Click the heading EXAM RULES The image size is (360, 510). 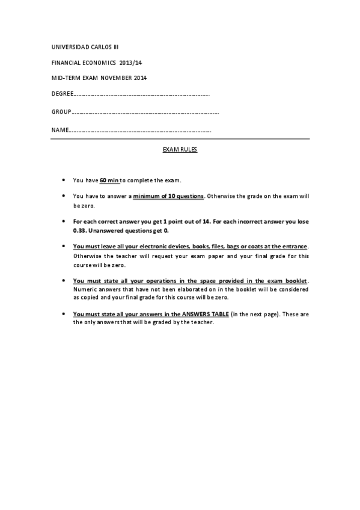click(x=180, y=150)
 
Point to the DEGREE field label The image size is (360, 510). click(x=61, y=94)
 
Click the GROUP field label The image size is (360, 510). click(x=61, y=112)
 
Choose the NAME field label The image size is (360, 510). click(x=59, y=130)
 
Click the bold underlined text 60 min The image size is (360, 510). click(x=109, y=180)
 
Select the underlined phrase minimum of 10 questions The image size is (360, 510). click(x=169, y=196)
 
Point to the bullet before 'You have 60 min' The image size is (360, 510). click(x=63, y=180)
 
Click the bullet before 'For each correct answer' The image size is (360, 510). click(x=63, y=221)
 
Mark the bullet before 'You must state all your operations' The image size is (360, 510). click(x=63, y=280)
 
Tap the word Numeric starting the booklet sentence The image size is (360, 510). click(x=84, y=289)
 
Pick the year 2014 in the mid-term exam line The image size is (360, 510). click(x=139, y=78)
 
